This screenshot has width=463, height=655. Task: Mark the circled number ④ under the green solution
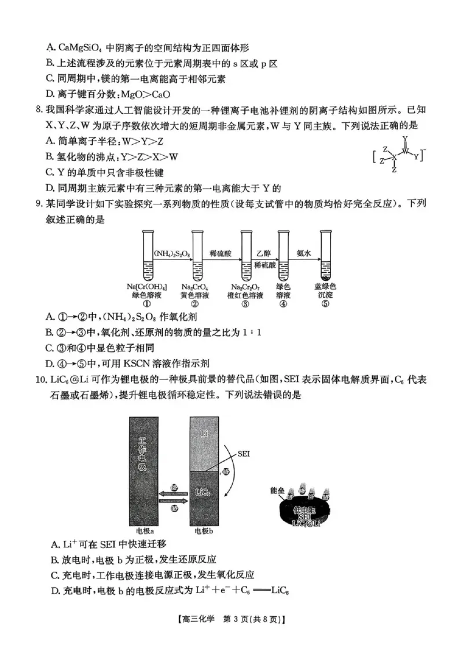tap(283, 302)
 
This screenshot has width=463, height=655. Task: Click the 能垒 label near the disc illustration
tap(278, 489)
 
